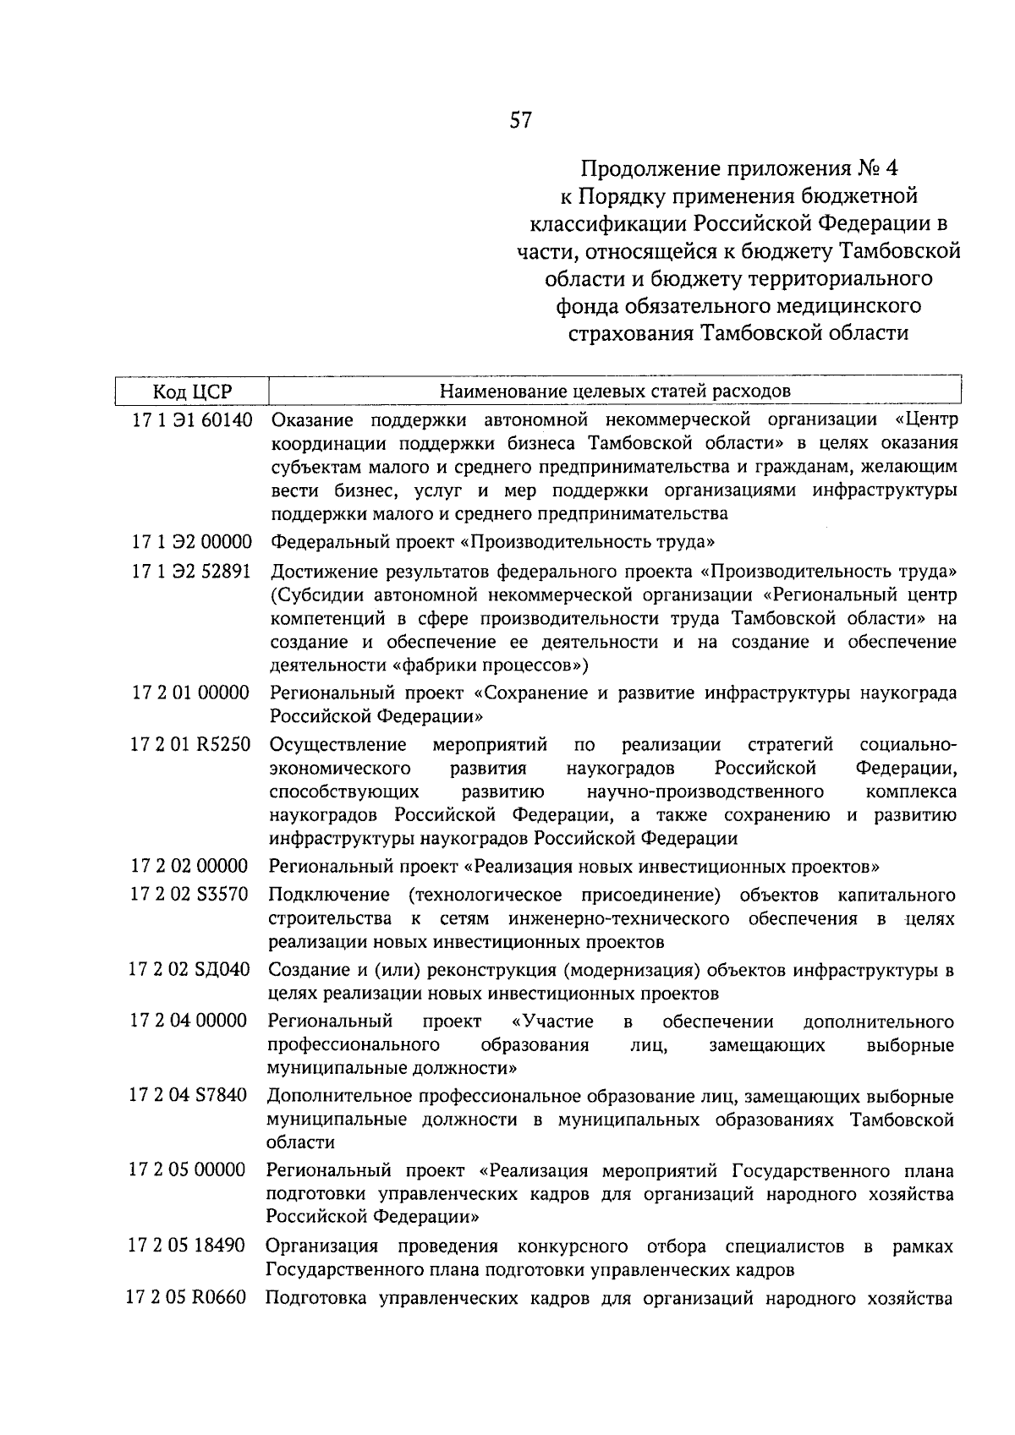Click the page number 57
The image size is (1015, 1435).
point(521,121)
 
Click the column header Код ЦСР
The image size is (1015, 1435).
point(192,392)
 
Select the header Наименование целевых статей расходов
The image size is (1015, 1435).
point(615,391)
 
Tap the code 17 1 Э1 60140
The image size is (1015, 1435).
point(192,419)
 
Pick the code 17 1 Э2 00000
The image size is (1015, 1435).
point(191,542)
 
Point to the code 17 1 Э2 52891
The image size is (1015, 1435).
point(191,571)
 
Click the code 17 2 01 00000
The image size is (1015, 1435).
point(190,693)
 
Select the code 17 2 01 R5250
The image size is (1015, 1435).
point(190,745)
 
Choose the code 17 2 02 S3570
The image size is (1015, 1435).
point(189,895)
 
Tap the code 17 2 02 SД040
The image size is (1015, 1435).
point(189,970)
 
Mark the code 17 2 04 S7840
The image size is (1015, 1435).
point(188,1096)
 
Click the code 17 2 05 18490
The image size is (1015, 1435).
point(187,1246)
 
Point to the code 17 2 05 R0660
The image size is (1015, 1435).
point(187,1298)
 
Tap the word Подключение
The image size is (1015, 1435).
point(329,895)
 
